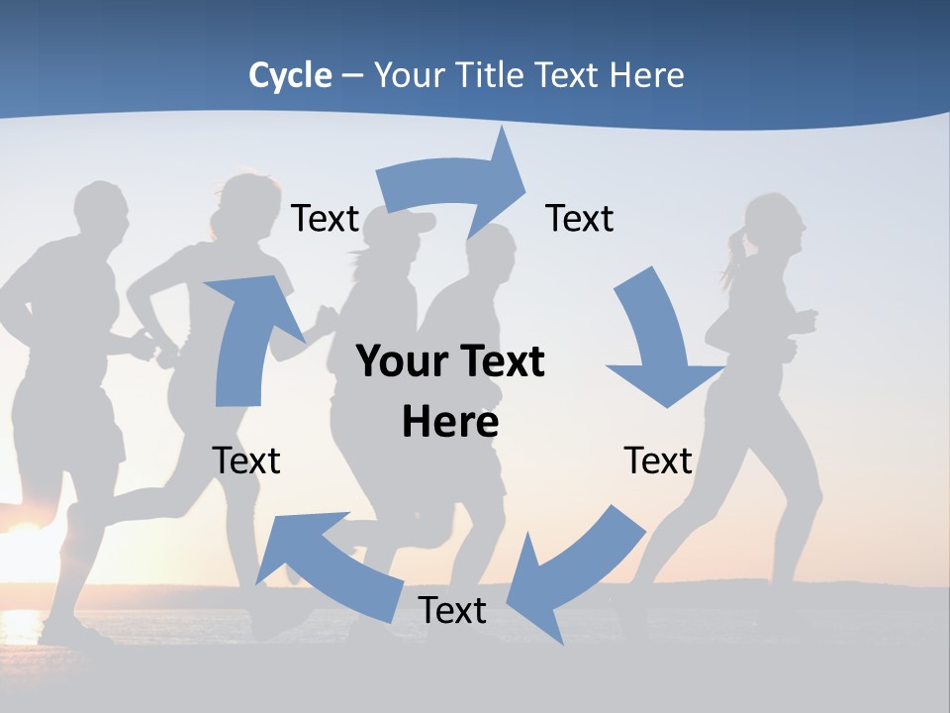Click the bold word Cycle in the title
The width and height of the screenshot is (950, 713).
tap(290, 75)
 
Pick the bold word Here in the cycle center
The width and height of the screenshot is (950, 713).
tap(450, 423)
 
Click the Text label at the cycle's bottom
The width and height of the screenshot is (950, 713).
tap(452, 611)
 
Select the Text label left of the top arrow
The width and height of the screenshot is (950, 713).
tap(325, 219)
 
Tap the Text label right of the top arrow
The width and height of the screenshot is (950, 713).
tap(580, 219)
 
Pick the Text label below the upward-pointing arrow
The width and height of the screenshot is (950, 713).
tap(246, 460)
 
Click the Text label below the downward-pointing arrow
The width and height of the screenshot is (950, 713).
tap(658, 460)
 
